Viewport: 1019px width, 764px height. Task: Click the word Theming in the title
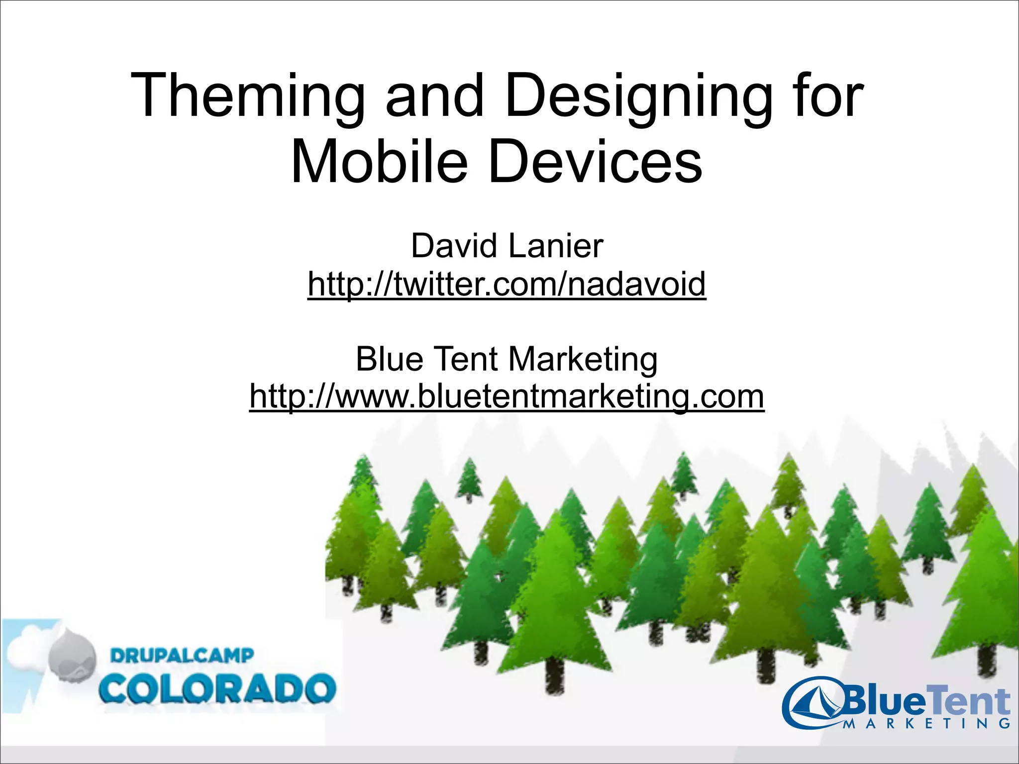247,96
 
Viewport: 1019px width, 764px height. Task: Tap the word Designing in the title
638,96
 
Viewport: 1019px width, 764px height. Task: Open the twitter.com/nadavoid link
507,284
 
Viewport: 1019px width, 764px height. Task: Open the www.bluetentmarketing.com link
507,396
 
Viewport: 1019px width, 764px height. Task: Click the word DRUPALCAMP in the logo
182,656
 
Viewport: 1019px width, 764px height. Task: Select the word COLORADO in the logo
217,689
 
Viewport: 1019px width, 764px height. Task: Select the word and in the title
434,96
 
